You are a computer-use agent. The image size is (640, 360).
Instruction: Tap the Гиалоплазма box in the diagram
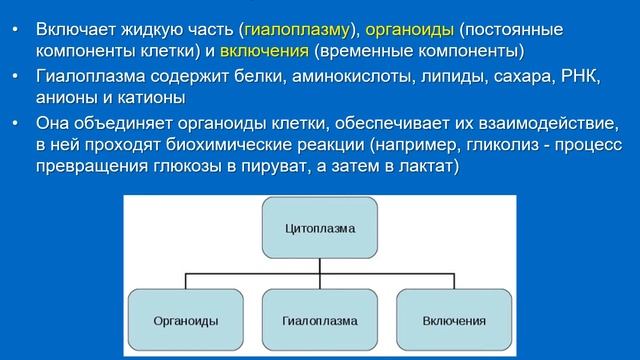[320, 320]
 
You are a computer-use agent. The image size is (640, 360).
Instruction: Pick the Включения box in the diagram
[454, 320]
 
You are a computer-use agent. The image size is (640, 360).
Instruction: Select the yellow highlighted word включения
[264, 50]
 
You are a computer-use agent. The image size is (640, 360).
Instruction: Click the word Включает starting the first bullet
[73, 28]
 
